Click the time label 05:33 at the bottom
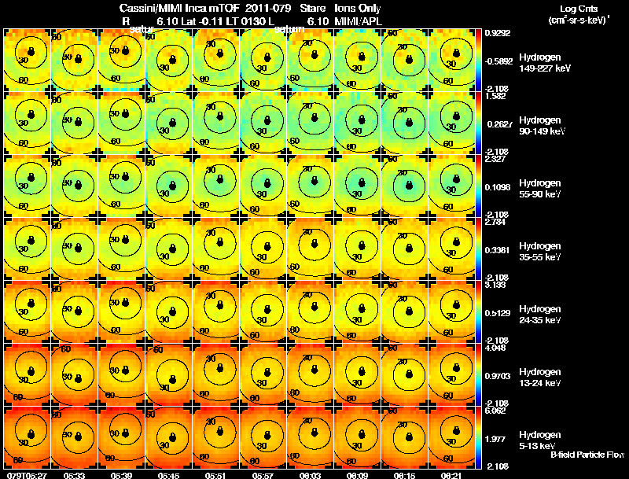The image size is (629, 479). [x=75, y=475]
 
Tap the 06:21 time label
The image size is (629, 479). [x=451, y=475]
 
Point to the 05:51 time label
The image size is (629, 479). [x=216, y=475]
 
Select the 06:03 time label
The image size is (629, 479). [x=310, y=475]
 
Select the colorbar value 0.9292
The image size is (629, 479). [x=498, y=33]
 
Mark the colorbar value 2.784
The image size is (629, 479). [x=498, y=222]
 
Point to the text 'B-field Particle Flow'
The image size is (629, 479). [x=587, y=455]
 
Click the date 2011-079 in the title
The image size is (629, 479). [x=270, y=8]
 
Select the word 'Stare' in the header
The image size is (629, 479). [x=313, y=8]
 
